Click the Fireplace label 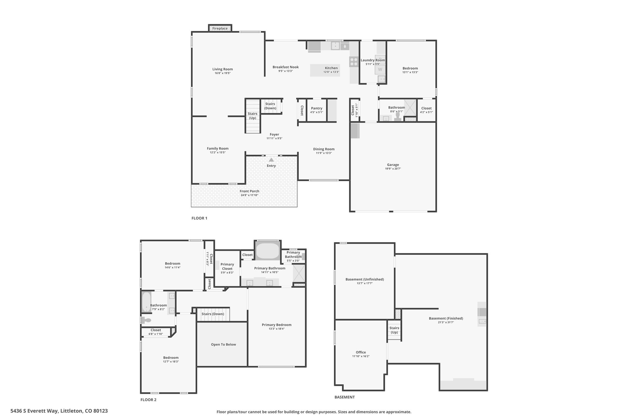coord(220,28)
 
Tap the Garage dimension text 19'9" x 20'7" coord(393,169)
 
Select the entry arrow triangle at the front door coord(271,160)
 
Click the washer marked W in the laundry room coord(380,70)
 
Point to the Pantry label coord(316,108)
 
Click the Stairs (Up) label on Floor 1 coord(252,116)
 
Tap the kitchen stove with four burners coord(354,62)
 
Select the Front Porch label coord(249,191)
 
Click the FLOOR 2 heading coord(148,400)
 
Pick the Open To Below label coord(223,345)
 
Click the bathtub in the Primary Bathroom coord(267,251)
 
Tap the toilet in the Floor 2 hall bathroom coord(147,320)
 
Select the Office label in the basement coord(361,352)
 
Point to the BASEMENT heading coord(344,397)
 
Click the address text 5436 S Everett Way coord(34,411)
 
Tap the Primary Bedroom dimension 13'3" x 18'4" coord(276,329)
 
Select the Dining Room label coord(324,149)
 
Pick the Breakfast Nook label coord(285,67)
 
